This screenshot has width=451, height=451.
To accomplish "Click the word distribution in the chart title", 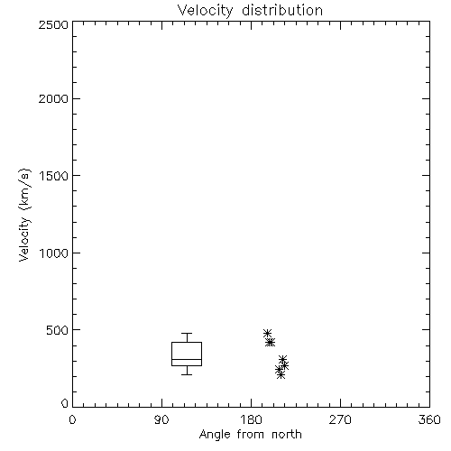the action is pos(282,11).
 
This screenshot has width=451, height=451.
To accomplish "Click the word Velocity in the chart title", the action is pos(205,11).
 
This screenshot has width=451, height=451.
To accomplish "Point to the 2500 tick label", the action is pos(53,24).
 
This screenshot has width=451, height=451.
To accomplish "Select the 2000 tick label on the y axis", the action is pos(53,98).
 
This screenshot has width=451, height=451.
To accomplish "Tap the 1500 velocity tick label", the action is pos(54,176).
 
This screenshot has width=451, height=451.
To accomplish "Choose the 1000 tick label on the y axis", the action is pos(54,253).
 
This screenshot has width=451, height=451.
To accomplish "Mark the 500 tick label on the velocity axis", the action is pos(58,330).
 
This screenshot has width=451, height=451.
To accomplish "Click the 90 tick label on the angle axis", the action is pos(161,419).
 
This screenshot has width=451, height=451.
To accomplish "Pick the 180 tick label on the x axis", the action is pos(251,419).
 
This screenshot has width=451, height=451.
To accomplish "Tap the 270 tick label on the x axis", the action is pos(340,419).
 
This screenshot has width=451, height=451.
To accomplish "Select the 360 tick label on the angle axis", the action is pos(429,419).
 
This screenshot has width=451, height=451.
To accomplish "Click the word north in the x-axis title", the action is pos(287,435).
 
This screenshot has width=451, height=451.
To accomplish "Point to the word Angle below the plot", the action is pos(215,435).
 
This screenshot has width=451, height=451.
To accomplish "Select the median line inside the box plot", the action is pos(187,359).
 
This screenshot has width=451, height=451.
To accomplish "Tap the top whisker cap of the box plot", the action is pos(187,333).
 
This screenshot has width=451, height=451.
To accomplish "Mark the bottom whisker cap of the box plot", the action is pos(187,374).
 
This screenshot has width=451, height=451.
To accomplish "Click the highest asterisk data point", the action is pos(267,333).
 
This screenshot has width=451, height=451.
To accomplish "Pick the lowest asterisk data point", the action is pos(281,374).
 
